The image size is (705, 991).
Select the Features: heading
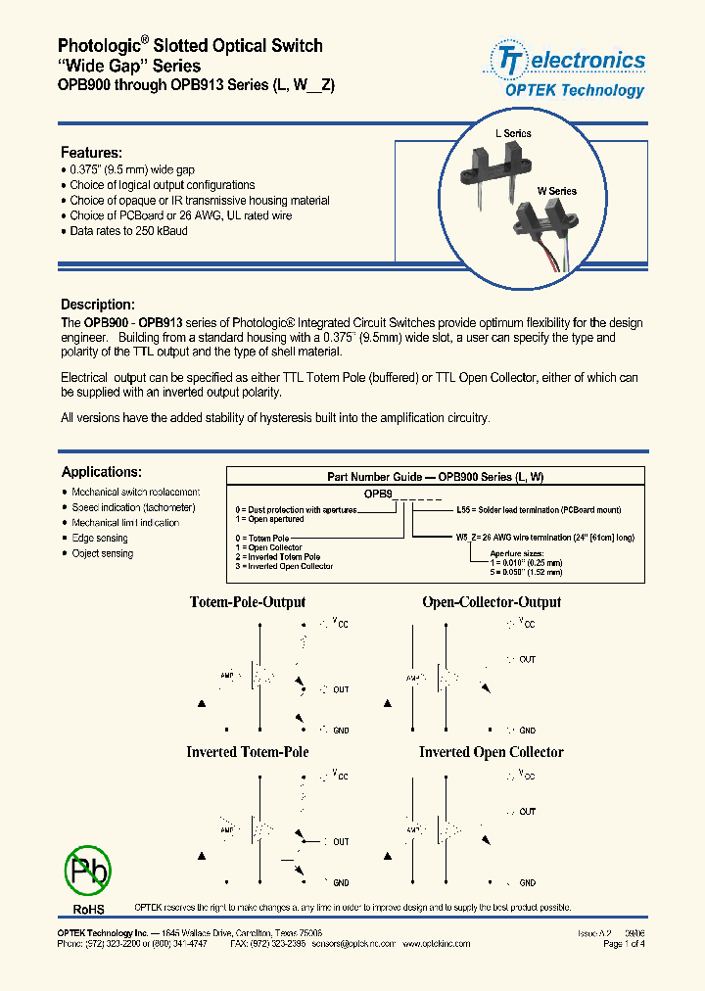91,153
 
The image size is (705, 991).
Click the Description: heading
97,305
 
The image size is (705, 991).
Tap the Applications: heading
101,472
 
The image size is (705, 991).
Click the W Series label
555,191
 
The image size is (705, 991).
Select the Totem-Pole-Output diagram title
247,602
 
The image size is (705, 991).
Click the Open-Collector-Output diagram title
492,602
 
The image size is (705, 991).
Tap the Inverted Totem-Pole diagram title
247,752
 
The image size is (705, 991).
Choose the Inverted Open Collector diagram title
492,752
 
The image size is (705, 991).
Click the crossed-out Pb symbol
88,869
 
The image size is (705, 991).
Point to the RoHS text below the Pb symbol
87,908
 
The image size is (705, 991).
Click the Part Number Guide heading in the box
435,477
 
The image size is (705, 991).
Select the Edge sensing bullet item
99,539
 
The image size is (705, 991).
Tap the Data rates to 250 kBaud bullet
128,231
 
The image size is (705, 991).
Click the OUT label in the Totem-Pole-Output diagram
340,689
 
